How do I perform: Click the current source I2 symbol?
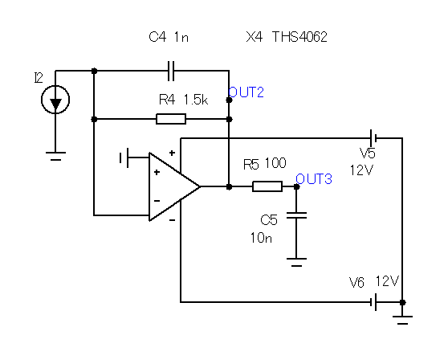55,100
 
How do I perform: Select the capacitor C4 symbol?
171,71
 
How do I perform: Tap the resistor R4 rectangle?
171,119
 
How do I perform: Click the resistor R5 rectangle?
267,186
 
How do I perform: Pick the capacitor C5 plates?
296,215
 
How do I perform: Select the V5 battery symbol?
373,138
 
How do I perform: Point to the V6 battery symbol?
373,302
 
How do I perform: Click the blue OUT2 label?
246,92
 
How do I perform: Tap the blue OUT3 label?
314,179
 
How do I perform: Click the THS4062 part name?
299,37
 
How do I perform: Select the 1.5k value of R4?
196,100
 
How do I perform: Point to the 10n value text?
261,238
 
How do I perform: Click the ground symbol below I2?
55,156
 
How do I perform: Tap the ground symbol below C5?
296,262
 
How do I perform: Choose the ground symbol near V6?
402,321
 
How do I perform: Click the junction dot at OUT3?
296,186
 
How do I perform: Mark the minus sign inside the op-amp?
157,201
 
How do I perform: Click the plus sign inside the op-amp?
157,172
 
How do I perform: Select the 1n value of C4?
181,37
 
